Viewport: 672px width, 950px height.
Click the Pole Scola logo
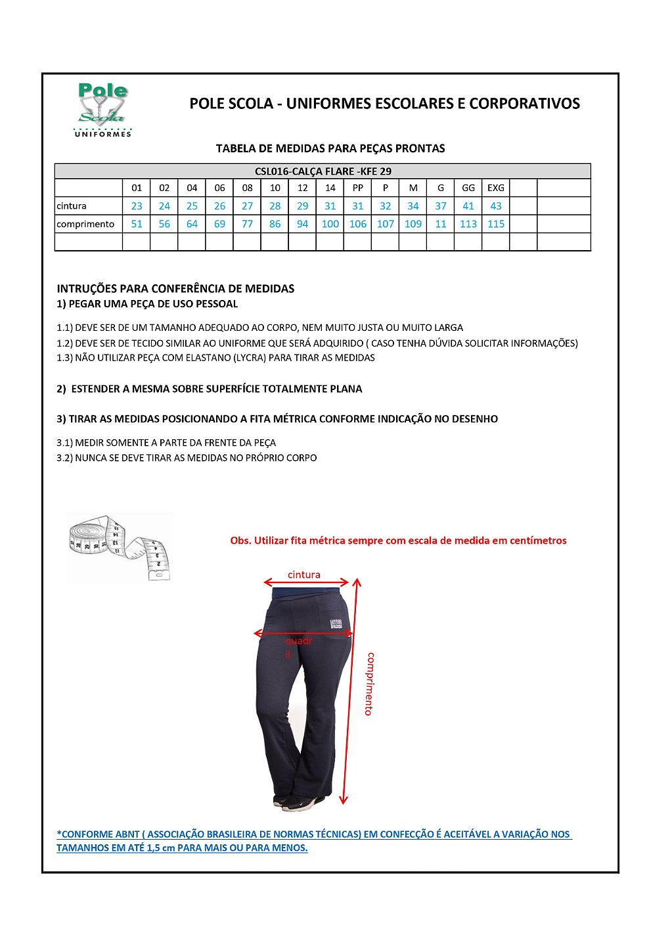tap(102, 110)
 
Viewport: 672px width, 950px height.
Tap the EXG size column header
tap(495, 188)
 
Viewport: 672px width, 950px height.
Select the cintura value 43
tap(495, 206)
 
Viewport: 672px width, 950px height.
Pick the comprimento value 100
tap(330, 224)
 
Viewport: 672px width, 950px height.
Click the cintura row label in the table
tap(72, 206)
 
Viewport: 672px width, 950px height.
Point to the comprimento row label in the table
tap(85, 224)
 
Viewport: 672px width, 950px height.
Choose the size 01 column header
tap(137, 188)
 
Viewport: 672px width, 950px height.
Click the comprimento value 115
tap(495, 224)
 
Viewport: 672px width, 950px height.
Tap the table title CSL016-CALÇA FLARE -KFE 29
tap(323, 171)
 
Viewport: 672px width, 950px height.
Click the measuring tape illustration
tap(119, 548)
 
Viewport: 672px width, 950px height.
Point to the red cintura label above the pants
tap(303, 574)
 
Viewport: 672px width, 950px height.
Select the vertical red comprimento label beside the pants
tap(370, 683)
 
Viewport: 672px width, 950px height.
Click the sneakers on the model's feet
tap(299, 802)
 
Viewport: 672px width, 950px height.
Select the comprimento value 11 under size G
tap(440, 224)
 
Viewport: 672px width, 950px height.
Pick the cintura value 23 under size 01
tap(137, 206)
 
